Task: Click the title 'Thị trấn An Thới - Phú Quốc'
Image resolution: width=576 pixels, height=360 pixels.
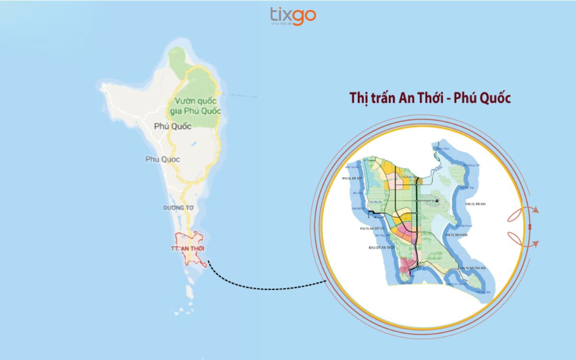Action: pos(430,97)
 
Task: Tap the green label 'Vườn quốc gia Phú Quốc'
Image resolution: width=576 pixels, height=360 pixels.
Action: pos(194,106)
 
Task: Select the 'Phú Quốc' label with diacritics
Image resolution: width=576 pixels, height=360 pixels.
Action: pos(173,126)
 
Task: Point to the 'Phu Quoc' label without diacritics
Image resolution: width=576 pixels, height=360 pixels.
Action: pos(163,159)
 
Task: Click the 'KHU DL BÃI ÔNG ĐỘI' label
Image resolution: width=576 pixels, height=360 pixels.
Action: pos(474,268)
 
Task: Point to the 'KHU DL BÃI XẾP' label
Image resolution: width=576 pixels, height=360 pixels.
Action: pos(355,177)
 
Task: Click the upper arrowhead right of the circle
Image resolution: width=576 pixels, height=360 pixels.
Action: pos(537,211)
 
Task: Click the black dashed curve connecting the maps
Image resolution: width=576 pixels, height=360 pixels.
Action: pos(269,287)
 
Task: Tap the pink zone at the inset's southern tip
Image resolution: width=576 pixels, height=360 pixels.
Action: pos(407,266)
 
